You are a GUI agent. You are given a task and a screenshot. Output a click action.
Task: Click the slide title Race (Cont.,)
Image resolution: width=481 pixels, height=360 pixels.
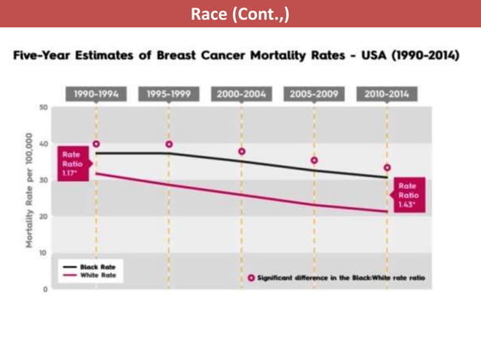240,14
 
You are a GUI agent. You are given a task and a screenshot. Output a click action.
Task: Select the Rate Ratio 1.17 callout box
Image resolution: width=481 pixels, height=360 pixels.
74,163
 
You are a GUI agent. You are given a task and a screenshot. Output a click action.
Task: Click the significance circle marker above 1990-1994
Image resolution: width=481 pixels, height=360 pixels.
96,144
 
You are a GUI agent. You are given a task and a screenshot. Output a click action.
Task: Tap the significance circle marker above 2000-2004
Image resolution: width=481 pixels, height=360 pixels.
241,151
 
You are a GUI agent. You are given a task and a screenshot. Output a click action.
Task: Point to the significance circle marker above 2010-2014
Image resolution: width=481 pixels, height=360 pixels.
387,167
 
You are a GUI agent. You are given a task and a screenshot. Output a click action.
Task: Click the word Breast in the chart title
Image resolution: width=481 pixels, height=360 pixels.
174,57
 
